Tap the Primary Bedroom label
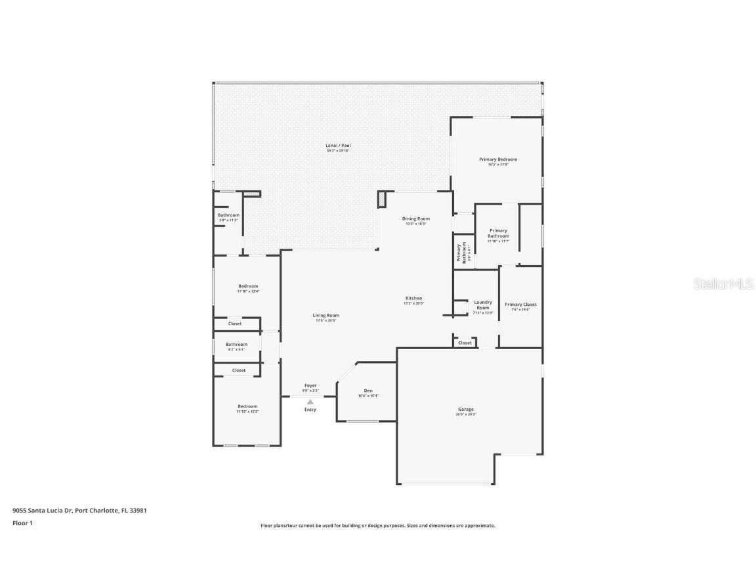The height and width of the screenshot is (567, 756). [x=497, y=159]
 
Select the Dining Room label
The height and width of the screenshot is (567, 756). [x=416, y=219]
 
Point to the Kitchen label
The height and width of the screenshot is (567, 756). [x=413, y=299]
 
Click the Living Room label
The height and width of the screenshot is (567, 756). [x=325, y=316]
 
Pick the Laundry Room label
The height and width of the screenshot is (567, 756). [x=482, y=305]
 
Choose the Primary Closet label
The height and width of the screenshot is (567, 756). [x=520, y=304]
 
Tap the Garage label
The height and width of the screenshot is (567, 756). [x=466, y=409]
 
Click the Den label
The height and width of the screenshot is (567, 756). [x=368, y=390]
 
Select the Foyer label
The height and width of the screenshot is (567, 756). [x=310, y=386]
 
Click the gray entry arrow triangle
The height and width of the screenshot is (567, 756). [x=310, y=401]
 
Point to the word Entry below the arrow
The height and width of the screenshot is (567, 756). [x=310, y=409]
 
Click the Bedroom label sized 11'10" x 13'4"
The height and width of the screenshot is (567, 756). [x=248, y=286]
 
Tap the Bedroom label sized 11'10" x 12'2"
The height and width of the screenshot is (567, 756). [x=247, y=406]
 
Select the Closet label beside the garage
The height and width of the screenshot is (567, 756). [x=465, y=343]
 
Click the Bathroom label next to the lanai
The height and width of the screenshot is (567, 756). [x=228, y=215]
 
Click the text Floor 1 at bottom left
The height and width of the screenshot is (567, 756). [x=22, y=523]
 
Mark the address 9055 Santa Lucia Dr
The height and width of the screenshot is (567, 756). [x=42, y=510]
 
